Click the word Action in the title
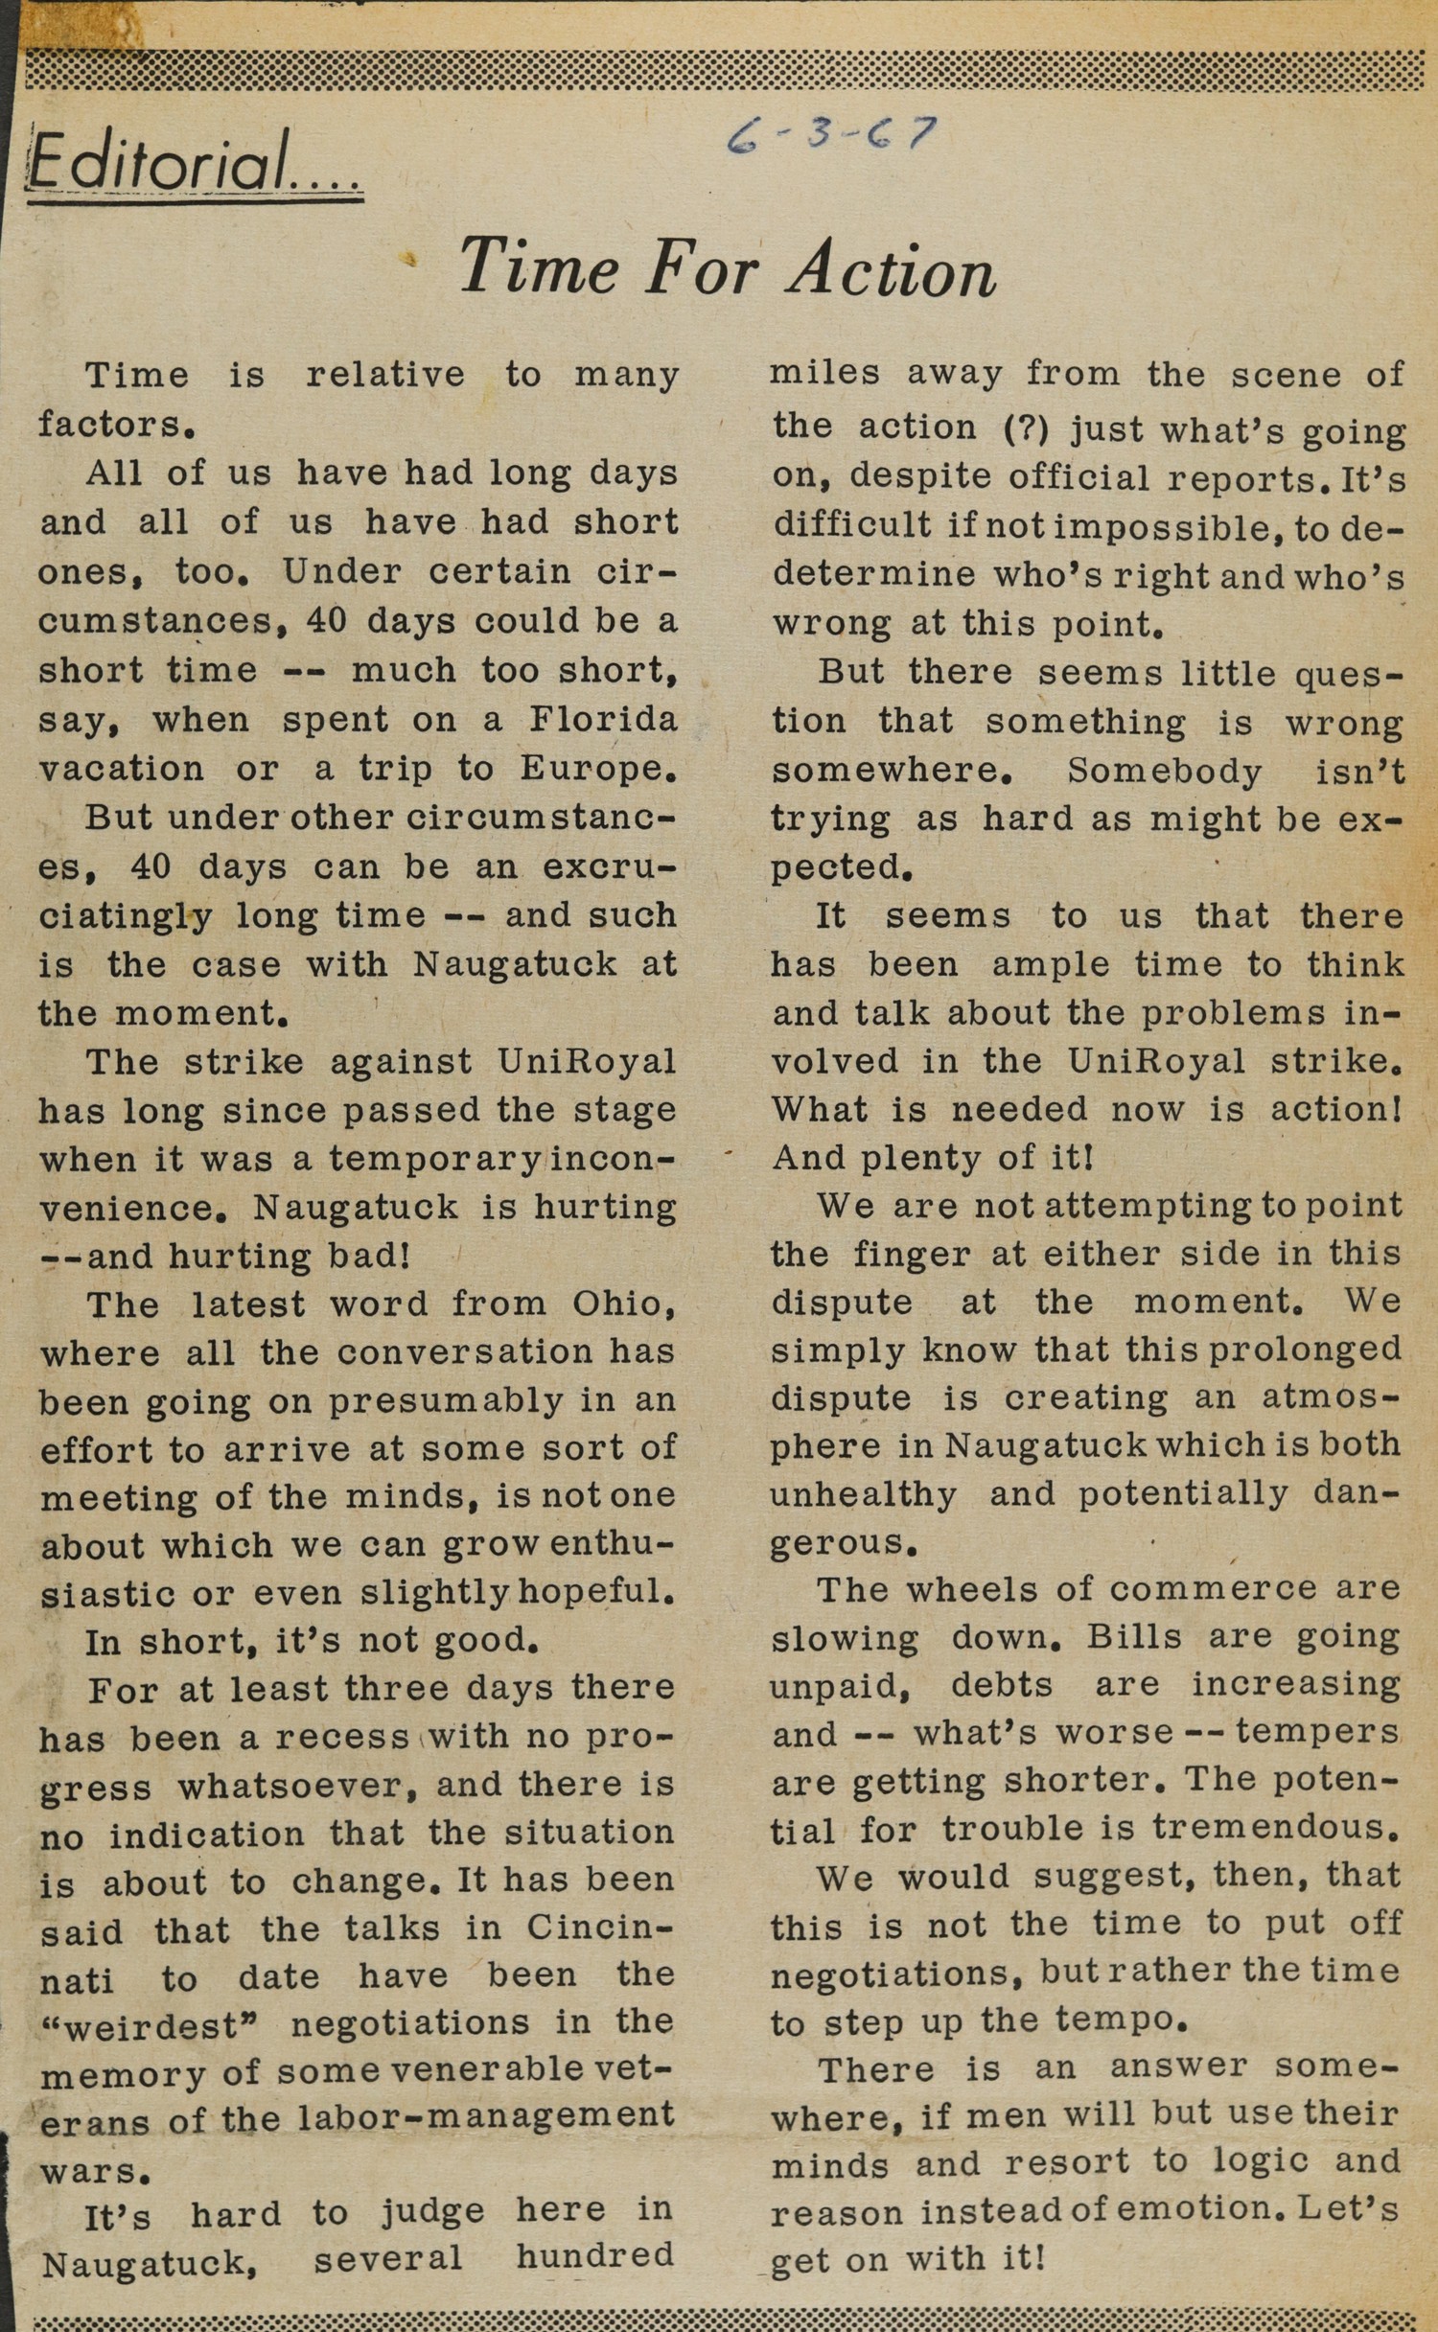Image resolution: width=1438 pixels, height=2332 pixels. pos(892,270)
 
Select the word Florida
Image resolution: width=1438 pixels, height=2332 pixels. pos(604,719)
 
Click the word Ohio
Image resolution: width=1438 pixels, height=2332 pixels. pos(617,1304)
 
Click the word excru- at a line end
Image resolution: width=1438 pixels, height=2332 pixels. pos(610,866)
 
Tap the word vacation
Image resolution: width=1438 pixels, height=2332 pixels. pos(121,769)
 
